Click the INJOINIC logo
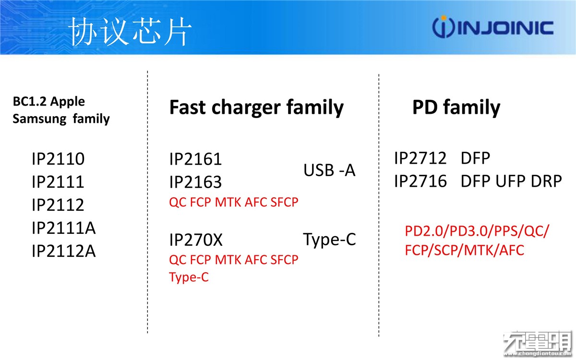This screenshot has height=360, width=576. click(492, 27)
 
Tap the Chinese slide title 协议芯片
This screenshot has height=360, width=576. click(131, 32)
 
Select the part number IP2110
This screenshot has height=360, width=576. click(58, 159)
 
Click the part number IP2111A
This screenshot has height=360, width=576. click(64, 228)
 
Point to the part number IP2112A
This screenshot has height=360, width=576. click(64, 251)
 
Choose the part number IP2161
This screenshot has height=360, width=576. click(195, 159)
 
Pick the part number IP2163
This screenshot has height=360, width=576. click(195, 182)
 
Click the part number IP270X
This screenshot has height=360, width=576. click(196, 240)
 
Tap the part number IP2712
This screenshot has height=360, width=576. click(420, 158)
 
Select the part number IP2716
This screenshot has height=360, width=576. click(420, 181)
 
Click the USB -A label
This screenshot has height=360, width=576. click(330, 170)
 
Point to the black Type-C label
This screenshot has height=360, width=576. click(330, 240)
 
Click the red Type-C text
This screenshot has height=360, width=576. click(189, 277)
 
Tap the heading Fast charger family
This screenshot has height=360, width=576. click(257, 108)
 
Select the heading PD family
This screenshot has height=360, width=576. click(456, 108)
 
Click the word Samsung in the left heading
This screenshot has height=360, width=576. click(39, 119)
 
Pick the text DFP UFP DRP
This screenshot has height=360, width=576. click(511, 181)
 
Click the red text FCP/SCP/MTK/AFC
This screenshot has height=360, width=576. click(465, 250)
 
